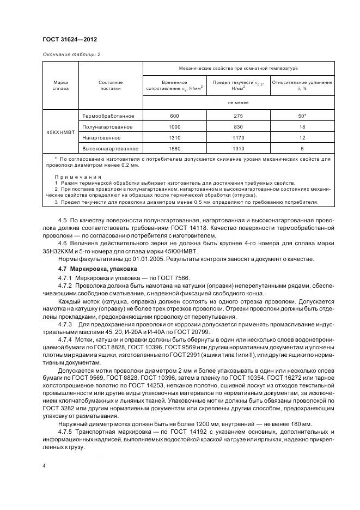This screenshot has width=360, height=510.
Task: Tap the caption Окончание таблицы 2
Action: (x=71, y=54)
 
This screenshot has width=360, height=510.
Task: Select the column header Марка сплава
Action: (x=60, y=86)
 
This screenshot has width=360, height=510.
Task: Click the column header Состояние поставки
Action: (x=111, y=86)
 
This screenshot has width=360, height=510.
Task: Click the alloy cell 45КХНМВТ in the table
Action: (x=60, y=132)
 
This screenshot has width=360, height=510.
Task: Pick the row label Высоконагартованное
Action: (x=111, y=148)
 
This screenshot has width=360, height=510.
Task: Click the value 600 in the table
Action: (x=174, y=116)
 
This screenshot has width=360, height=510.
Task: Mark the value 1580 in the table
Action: (x=174, y=148)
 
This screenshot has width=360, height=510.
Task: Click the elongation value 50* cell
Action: (x=302, y=116)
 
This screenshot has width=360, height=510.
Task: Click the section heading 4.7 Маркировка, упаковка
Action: (x=97, y=269)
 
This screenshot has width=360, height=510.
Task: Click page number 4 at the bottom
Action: (x=44, y=466)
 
